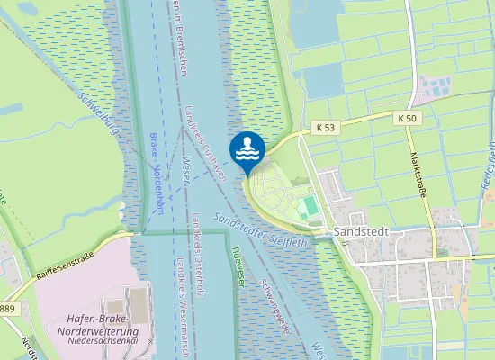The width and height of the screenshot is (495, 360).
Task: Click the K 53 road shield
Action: (325, 129)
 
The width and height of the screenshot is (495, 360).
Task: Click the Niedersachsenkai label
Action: (101, 341)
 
